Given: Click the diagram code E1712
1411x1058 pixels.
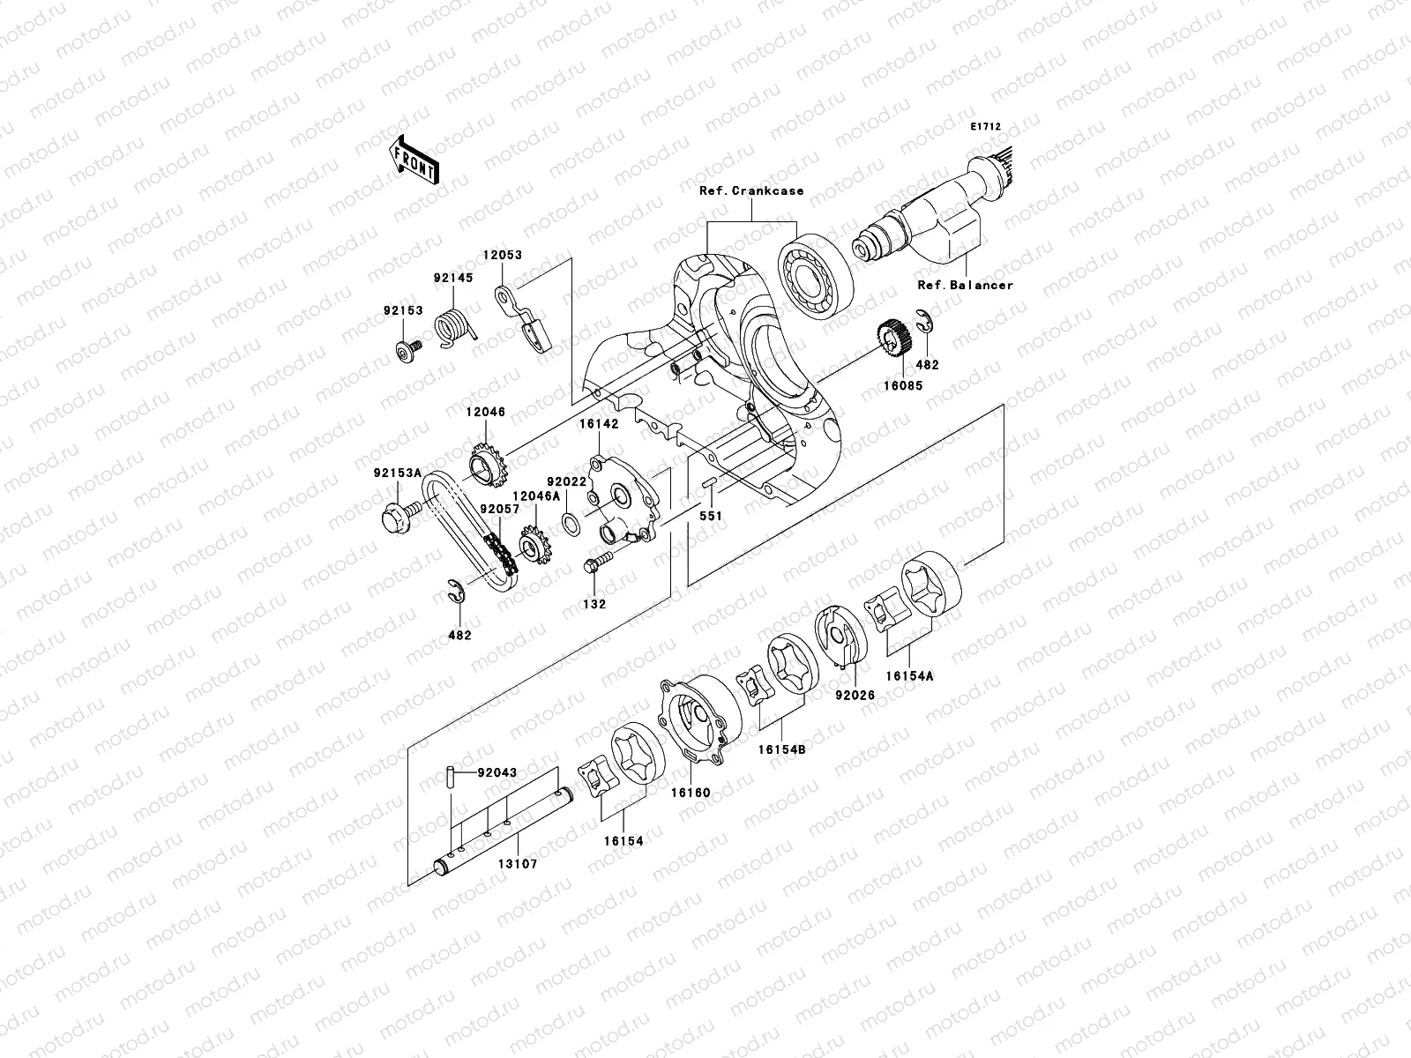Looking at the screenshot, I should pyautogui.click(x=985, y=127).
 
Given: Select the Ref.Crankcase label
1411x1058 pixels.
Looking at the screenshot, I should pyautogui.click(x=751, y=190).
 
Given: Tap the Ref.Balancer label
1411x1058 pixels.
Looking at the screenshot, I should pyautogui.click(x=966, y=285).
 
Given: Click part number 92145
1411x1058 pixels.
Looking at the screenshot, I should pyautogui.click(x=452, y=277).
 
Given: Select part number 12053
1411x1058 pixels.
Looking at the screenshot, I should pyautogui.click(x=502, y=255).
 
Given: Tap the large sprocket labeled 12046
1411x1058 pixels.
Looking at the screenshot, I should pyautogui.click(x=486, y=466).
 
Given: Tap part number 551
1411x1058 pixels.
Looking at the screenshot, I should pyautogui.click(x=711, y=516).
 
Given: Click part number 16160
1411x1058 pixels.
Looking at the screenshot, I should pyautogui.click(x=690, y=793).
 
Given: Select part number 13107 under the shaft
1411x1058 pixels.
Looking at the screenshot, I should pyautogui.click(x=519, y=864).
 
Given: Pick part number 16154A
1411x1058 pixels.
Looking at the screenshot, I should pyautogui.click(x=909, y=674).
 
